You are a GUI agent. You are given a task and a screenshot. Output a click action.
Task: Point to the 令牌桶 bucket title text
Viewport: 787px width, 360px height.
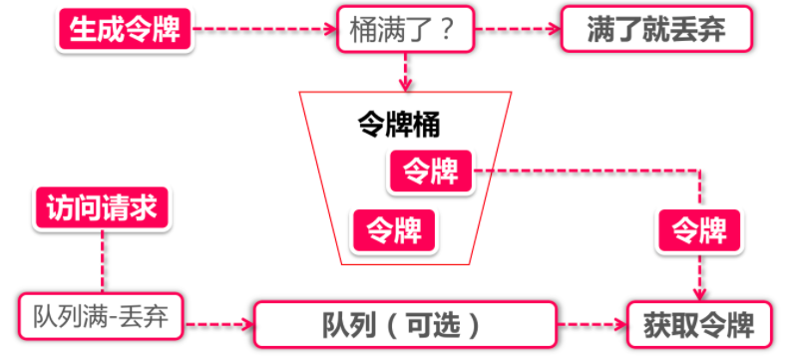[399, 124]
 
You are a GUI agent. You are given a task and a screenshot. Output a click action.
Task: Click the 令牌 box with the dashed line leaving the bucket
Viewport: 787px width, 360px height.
[430, 171]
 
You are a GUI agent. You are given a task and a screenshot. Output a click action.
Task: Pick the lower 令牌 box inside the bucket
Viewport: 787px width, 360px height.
[394, 230]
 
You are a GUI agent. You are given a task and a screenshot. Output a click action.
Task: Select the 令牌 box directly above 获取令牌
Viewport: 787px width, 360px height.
[698, 230]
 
